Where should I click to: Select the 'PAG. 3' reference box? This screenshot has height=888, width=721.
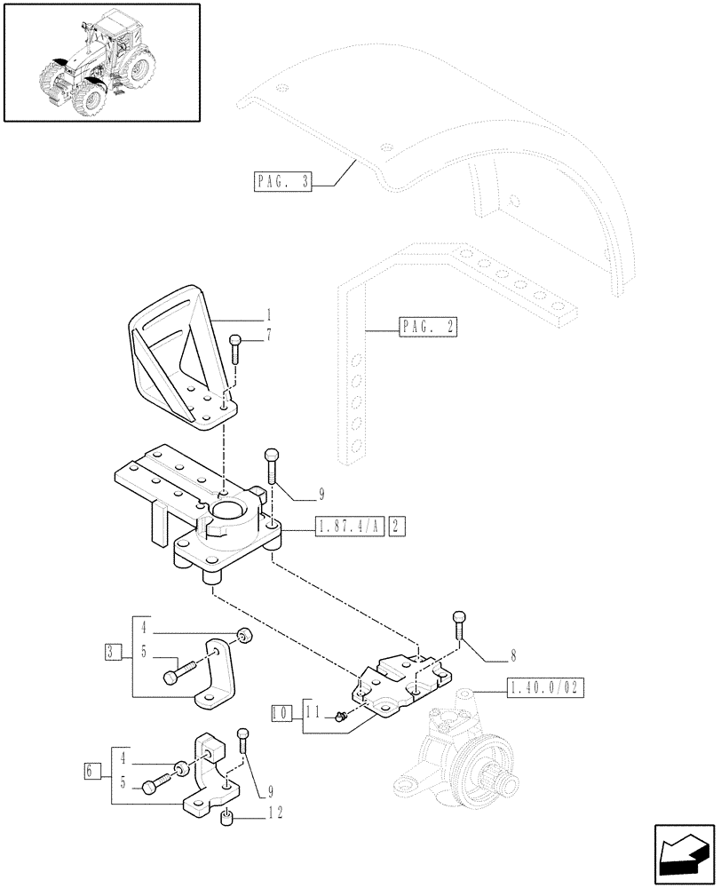[282, 184]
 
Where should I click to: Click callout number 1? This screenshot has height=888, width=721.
[269, 314]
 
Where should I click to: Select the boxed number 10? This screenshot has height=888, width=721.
[280, 711]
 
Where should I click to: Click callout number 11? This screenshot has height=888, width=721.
[313, 711]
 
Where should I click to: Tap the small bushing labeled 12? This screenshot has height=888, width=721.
[227, 818]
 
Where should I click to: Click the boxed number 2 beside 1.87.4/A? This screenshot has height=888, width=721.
[397, 527]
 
